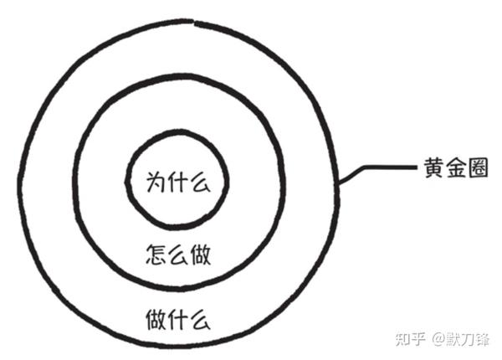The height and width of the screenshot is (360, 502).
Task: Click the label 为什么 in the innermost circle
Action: (x=176, y=181)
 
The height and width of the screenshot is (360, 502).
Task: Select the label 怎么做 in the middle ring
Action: (x=177, y=255)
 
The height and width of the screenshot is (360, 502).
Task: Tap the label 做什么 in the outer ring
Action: (x=177, y=318)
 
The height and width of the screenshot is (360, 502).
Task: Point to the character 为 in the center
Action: (x=156, y=181)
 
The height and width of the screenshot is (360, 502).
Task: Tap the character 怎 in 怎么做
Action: (x=156, y=255)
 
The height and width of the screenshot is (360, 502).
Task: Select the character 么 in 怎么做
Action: (x=177, y=255)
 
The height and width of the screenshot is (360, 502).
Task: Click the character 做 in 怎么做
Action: (x=197, y=255)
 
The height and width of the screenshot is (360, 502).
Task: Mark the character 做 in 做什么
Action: (x=156, y=318)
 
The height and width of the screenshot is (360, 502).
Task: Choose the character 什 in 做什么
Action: (x=177, y=318)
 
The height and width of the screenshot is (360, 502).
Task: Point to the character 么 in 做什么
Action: (x=197, y=318)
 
